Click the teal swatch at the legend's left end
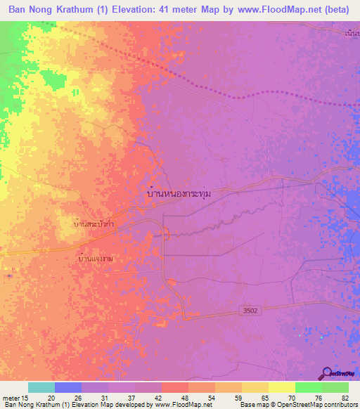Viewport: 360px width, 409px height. tap(41, 387)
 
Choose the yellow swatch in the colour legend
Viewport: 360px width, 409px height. tap(282, 387)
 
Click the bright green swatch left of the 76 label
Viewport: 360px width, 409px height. tap(308, 387)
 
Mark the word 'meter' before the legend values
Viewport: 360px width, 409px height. tap(10, 397)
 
